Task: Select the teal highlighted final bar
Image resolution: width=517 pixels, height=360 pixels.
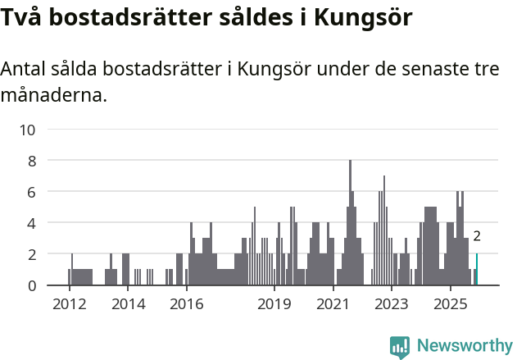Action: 477,270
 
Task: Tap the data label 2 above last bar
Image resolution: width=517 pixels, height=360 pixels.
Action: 477,237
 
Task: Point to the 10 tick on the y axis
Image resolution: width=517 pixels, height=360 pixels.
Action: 28,130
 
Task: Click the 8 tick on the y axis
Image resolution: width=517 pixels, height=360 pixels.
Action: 32,161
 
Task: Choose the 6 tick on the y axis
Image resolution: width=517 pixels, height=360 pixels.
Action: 32,192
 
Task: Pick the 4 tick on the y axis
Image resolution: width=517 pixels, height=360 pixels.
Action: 32,223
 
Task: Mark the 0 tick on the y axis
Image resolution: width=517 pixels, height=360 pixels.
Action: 32,285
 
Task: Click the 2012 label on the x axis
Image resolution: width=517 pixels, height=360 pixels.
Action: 69,305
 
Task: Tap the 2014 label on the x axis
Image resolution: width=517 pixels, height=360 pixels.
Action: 128,305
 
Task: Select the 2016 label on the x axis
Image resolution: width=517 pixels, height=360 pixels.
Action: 186,305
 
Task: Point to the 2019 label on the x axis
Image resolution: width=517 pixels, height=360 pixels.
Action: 274,305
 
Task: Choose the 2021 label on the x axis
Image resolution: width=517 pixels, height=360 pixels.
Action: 333,305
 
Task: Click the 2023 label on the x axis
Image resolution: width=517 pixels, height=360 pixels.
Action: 392,305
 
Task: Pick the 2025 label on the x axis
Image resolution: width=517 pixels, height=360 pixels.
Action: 450,305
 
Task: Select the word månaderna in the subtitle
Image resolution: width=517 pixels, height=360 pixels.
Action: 54,95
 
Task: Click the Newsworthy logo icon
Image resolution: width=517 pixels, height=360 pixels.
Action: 400,346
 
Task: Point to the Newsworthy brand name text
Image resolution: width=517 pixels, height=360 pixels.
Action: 464,346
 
